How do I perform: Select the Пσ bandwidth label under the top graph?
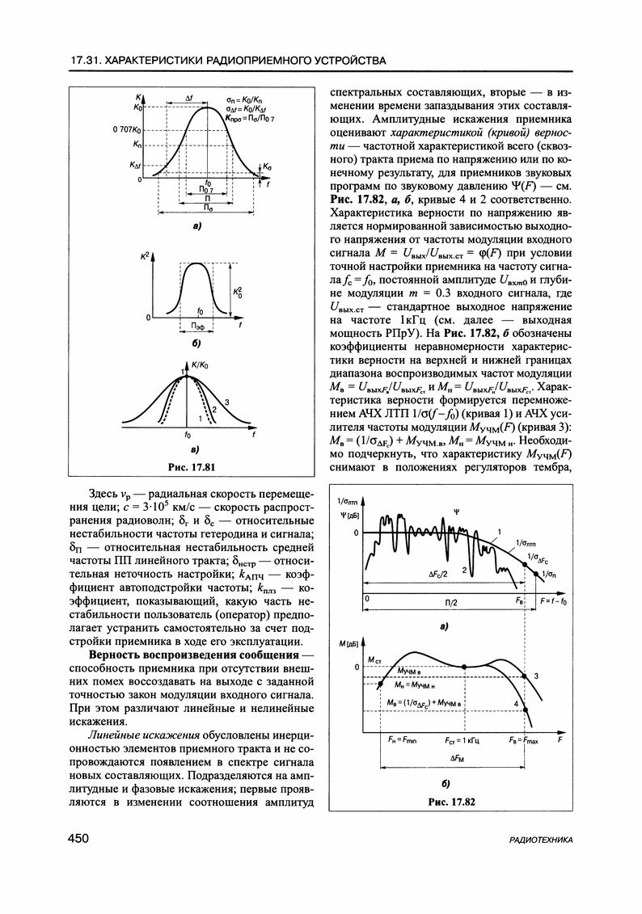point(209,208)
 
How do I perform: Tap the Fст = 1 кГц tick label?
point(462,739)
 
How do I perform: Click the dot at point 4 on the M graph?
point(526,709)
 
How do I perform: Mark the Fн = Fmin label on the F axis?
point(401,739)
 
